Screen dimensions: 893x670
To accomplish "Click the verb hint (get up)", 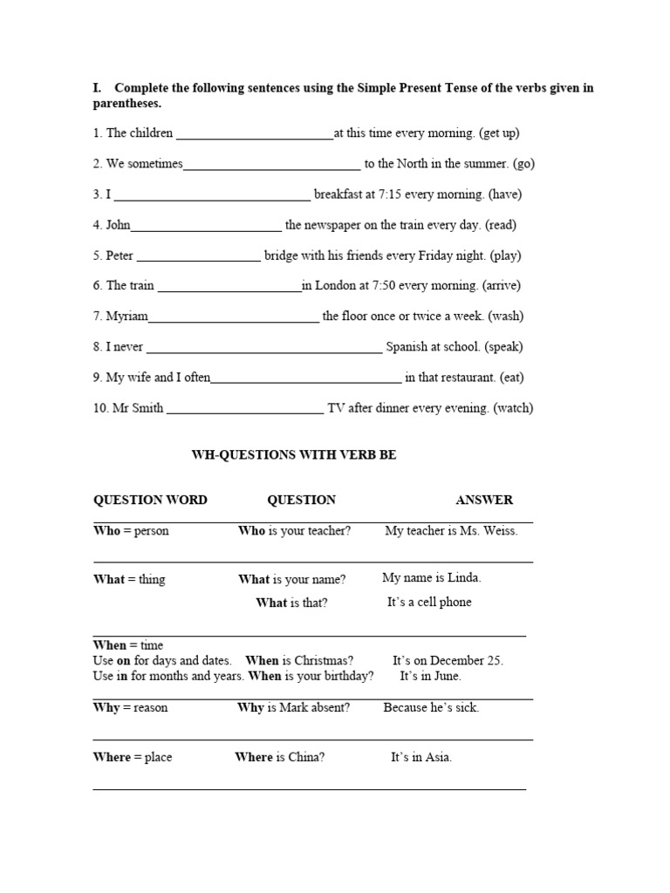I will [x=499, y=133].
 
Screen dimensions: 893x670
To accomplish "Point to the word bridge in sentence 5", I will [x=282, y=256].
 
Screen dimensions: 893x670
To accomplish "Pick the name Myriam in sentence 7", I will [x=126, y=316].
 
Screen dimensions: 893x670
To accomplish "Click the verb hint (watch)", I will [x=513, y=408].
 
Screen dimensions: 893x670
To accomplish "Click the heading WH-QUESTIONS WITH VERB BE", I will [x=294, y=455].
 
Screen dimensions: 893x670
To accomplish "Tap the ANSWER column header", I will [x=484, y=500].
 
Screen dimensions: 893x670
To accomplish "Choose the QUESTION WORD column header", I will [x=150, y=500].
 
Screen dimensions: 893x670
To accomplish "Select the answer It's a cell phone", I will [x=429, y=602].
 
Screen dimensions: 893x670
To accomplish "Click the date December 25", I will [x=467, y=660].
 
